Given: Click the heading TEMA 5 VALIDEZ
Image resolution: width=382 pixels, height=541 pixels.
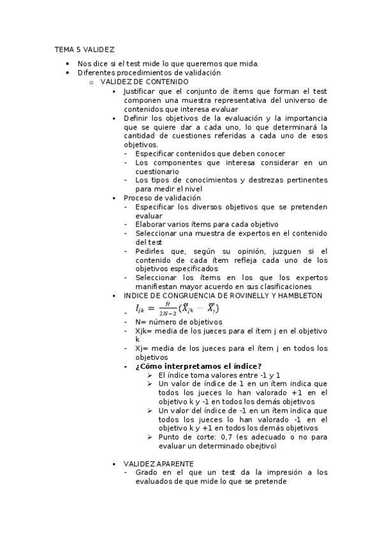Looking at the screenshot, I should coord(84,48).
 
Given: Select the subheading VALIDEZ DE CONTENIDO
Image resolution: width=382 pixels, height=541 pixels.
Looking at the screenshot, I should coord(144,82).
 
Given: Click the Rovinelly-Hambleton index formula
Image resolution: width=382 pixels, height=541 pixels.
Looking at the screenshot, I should coord(177,309).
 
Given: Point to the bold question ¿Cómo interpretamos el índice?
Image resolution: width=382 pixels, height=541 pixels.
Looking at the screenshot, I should coord(198,366).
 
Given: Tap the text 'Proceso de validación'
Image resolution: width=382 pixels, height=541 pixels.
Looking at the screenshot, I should coord(162,198).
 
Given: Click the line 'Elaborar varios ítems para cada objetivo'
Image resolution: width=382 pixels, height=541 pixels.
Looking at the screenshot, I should coord(207,225).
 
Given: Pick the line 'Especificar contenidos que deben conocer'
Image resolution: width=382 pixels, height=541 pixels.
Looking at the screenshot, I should coord(210,154).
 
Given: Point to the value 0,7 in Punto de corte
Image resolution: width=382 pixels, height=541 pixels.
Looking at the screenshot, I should coord(226,437).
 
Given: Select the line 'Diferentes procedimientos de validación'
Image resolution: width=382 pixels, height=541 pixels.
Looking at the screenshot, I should coord(149,73).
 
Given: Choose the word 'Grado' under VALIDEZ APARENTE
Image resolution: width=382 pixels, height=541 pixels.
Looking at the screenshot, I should coord(146,473).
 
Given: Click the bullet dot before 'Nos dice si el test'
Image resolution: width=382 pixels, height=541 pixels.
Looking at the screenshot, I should coord(68,64).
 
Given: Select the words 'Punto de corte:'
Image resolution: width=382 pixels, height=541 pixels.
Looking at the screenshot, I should coord(186,437).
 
